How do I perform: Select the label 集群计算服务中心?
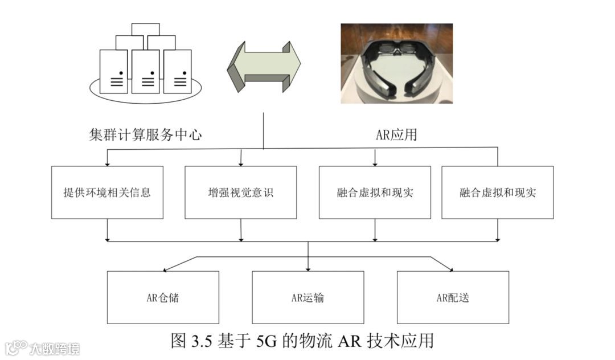[x=146, y=134]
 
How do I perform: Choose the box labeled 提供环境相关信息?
[x=107, y=193]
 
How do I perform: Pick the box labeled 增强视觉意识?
[x=240, y=193]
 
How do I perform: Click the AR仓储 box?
[x=163, y=297]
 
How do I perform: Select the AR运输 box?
[x=307, y=297]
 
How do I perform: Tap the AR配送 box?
[x=453, y=297]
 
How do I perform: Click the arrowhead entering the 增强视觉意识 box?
[x=241, y=163]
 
